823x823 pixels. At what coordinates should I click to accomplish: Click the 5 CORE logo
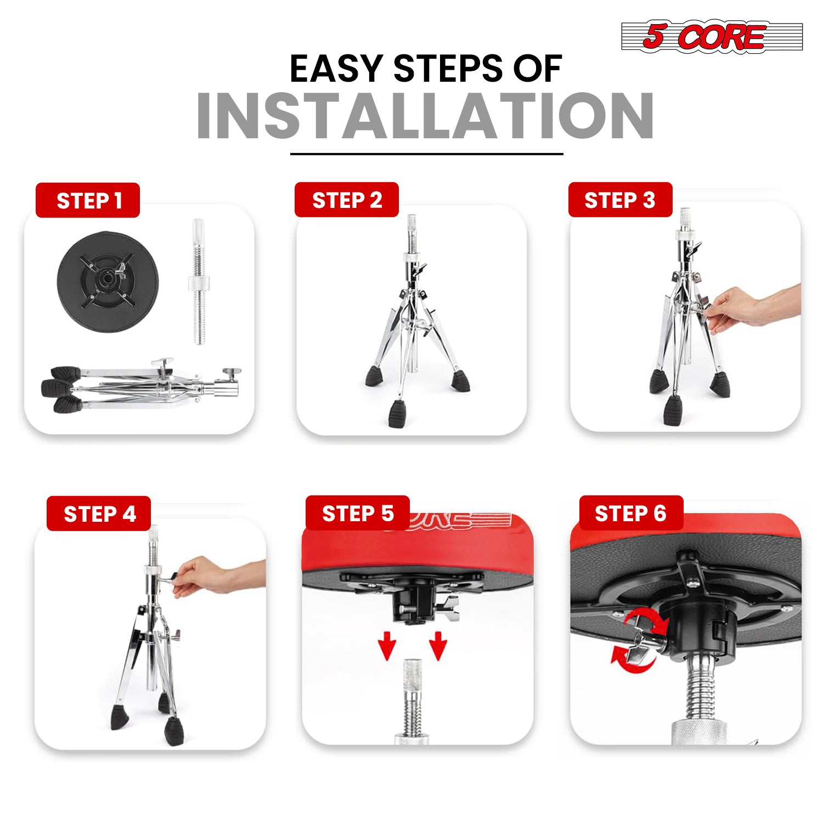tap(712, 37)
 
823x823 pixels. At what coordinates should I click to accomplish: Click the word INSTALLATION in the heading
tap(425, 116)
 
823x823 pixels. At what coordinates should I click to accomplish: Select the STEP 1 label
tap(88, 200)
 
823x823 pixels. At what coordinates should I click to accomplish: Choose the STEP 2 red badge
tap(347, 200)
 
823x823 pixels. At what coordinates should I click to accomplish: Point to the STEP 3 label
tap(620, 200)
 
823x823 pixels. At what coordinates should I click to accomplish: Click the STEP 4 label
tap(99, 514)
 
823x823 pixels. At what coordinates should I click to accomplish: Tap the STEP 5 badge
tap(358, 513)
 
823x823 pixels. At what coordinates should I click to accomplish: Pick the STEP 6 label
tap(631, 513)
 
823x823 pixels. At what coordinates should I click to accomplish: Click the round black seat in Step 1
tap(108, 280)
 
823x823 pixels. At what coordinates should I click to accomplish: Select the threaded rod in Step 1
tap(199, 281)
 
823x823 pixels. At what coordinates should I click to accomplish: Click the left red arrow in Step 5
tap(388, 645)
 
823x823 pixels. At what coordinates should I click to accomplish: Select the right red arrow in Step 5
tap(438, 645)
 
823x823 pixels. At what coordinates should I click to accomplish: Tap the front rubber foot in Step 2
tap(398, 414)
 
